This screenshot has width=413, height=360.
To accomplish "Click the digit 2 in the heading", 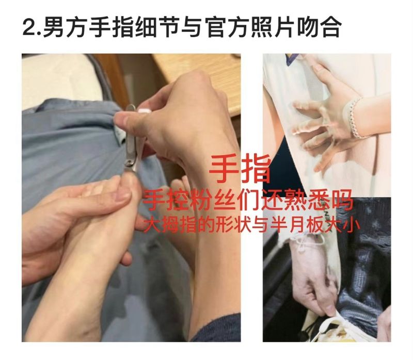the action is [29, 27].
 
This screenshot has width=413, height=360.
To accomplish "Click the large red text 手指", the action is [240, 169].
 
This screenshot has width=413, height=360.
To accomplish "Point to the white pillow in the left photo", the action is [62, 79].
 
